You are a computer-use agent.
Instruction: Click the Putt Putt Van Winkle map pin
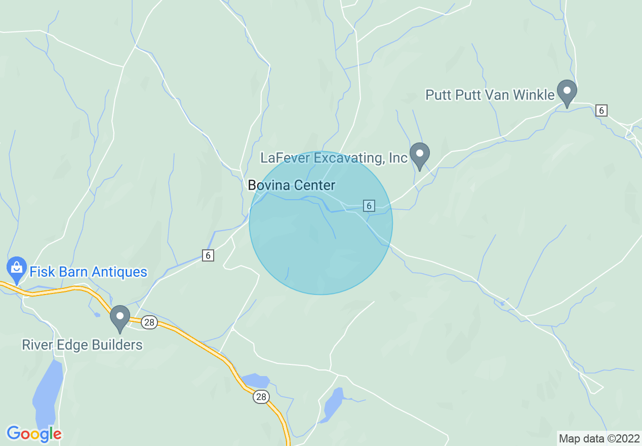[567, 92]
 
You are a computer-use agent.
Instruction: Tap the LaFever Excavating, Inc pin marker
[419, 155]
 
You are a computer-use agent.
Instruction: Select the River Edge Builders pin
[120, 317]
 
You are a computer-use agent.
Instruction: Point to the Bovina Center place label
[292, 185]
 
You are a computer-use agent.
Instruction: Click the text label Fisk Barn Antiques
[88, 272]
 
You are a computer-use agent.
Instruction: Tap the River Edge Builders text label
[82, 345]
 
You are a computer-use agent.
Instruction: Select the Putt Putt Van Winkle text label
[490, 95]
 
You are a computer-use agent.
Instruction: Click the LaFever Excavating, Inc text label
[334, 158]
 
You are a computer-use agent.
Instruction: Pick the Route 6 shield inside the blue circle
[369, 206]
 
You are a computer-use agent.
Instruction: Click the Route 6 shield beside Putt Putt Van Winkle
[601, 110]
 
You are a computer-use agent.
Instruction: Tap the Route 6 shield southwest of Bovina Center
[208, 255]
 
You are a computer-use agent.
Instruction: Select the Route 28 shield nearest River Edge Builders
[149, 322]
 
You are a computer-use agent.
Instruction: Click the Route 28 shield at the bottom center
[261, 397]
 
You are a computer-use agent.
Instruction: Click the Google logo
[34, 434]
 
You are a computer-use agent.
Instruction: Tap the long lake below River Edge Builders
[47, 390]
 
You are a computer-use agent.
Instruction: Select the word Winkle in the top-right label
[534, 95]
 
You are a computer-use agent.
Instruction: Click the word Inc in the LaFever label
[398, 158]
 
